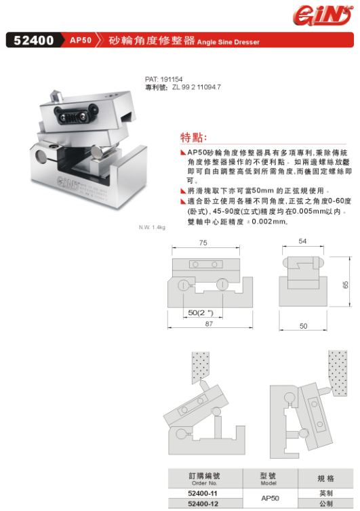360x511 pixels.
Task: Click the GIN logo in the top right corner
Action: tap(322, 16)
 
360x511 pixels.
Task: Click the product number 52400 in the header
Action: tap(34, 40)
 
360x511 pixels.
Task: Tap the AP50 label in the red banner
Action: tap(81, 40)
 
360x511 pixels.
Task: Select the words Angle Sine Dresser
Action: tap(228, 42)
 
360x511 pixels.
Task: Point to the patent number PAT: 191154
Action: tap(163, 79)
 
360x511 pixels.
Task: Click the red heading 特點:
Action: tap(194, 137)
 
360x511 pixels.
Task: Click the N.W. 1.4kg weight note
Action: tap(152, 227)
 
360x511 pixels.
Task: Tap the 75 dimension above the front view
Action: tap(203, 243)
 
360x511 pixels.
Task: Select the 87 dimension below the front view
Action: tap(209, 324)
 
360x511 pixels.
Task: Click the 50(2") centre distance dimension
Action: tap(201, 312)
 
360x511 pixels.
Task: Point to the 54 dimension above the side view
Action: tap(302, 241)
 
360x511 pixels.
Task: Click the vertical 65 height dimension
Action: tap(345, 285)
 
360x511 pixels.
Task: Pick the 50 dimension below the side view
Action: tap(303, 326)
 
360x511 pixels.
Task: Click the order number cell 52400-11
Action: tap(203, 493)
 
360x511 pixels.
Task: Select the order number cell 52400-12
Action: tap(203, 504)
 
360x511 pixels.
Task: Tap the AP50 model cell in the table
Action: tap(270, 498)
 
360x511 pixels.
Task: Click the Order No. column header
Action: tap(205, 483)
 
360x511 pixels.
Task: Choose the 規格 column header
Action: tap(325, 478)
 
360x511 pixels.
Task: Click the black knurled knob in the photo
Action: tap(76, 115)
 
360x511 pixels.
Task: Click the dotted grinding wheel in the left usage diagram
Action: tap(201, 367)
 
